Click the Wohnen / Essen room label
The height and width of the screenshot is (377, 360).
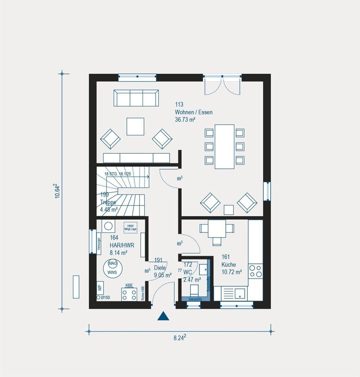[x=193, y=112]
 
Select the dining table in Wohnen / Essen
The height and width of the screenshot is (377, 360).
[x=224, y=146]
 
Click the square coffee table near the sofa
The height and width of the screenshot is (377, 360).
[x=136, y=126]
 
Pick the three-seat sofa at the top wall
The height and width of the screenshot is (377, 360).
[x=136, y=98]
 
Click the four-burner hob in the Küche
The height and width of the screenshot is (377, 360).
[x=255, y=271]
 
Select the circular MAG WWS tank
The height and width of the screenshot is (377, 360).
[x=112, y=268]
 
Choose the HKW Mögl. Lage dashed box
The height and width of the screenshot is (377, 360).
[x=129, y=227]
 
